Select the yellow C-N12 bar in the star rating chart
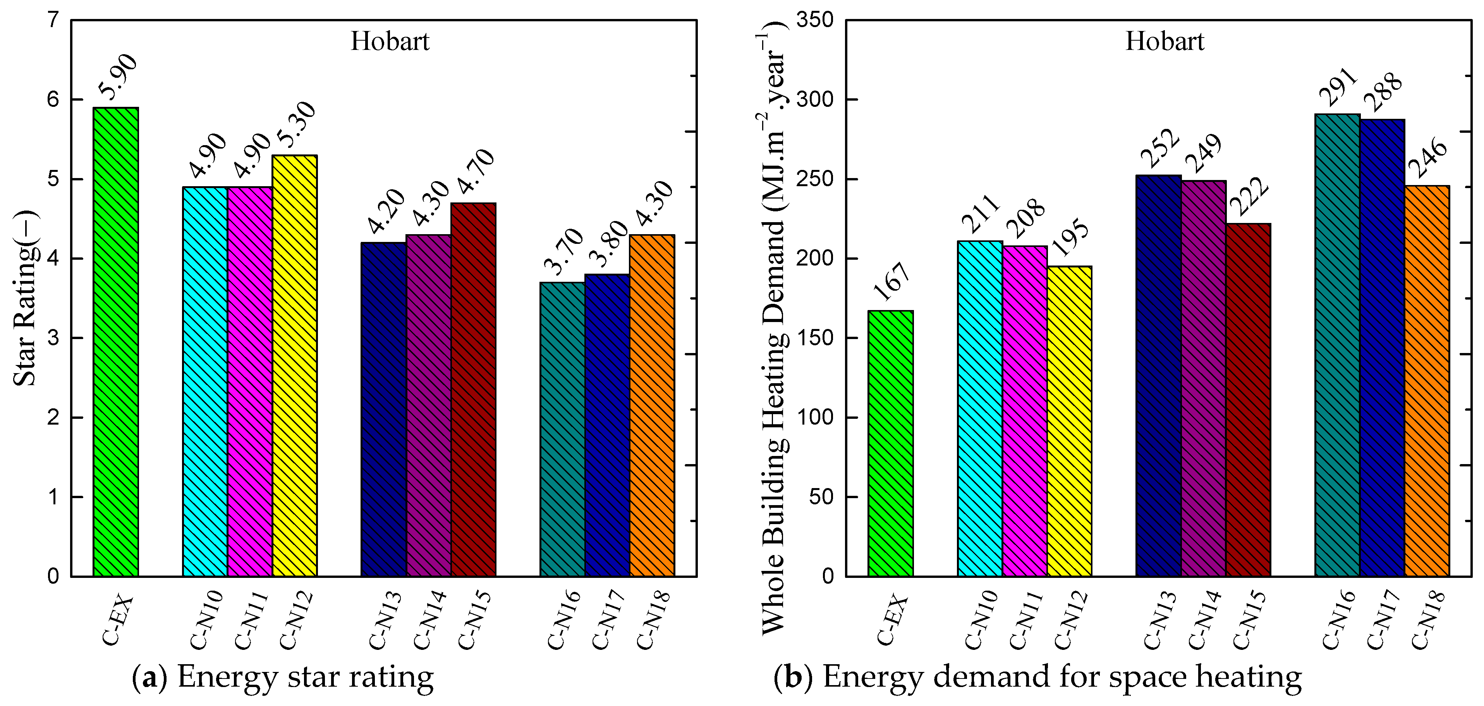click(x=294, y=366)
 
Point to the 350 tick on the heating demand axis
click(x=814, y=20)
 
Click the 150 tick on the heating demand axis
click(x=814, y=338)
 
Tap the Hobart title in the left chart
click(x=390, y=41)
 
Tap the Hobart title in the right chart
click(x=1165, y=41)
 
